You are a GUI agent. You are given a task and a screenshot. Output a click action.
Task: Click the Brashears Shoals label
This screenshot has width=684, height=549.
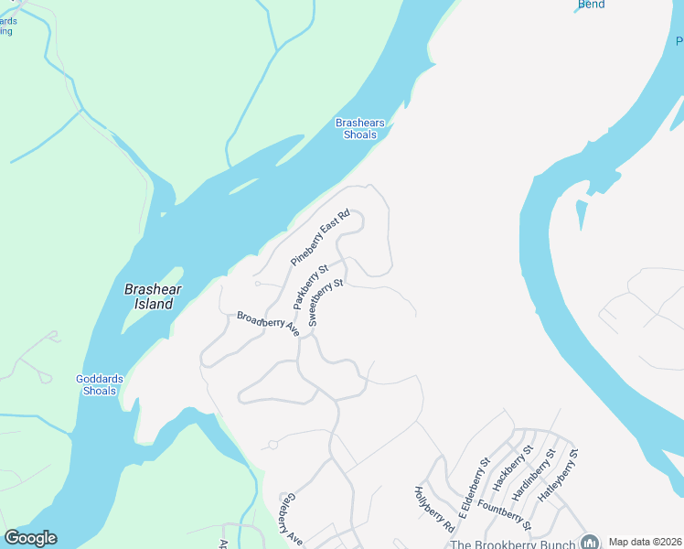coord(359,129)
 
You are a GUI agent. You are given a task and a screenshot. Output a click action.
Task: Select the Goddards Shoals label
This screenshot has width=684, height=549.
coord(96,384)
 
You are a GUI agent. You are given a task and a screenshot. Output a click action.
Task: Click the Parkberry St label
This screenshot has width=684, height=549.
coord(310,286)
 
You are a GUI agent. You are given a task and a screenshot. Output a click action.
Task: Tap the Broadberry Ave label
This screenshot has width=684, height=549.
coord(268,323)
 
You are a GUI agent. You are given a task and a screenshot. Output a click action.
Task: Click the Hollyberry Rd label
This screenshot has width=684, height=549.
coord(434,509)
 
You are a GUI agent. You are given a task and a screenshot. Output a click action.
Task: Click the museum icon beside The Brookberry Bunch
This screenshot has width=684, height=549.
coord(589,542)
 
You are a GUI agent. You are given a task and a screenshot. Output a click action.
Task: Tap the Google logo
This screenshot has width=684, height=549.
coord(30,538)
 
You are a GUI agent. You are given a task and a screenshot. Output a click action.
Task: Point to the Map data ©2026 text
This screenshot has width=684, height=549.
coord(645,542)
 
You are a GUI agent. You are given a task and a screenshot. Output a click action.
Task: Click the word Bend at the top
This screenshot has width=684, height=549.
coord(591,5)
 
